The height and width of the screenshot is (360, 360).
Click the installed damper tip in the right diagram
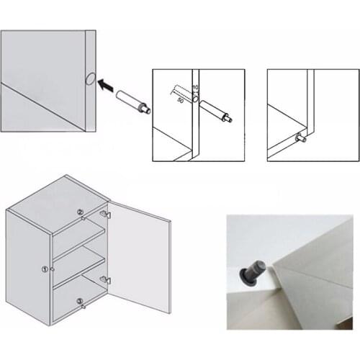[300, 138]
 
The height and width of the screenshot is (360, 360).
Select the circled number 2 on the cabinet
[80, 212]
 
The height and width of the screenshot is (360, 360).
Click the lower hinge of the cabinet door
[106, 279]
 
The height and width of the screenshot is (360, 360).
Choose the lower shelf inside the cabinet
[79, 274]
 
